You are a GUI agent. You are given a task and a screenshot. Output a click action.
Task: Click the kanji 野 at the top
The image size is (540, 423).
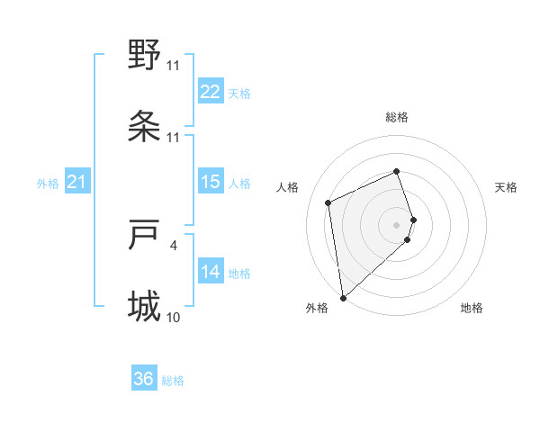(x=144, y=56)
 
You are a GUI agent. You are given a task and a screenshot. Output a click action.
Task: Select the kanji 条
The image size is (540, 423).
(x=144, y=127)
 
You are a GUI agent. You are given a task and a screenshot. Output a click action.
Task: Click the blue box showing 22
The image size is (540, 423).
(x=210, y=92)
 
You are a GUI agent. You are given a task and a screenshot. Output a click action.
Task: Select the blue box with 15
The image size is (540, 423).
(x=210, y=182)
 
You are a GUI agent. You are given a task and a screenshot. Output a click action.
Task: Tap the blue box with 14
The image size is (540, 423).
(x=210, y=272)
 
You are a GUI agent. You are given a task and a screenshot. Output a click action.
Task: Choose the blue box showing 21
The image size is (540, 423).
(x=76, y=183)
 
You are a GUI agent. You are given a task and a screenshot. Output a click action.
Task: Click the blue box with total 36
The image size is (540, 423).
(x=144, y=379)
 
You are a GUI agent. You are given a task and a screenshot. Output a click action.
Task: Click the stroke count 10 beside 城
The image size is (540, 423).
(x=173, y=317)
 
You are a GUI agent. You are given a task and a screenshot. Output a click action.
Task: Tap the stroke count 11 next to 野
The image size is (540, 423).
(x=173, y=65)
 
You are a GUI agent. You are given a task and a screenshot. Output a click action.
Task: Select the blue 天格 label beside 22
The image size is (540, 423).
(x=238, y=93)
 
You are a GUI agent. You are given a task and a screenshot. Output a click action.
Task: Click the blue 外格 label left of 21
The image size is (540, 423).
(x=48, y=184)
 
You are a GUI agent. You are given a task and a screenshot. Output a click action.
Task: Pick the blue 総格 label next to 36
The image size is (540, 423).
(x=173, y=380)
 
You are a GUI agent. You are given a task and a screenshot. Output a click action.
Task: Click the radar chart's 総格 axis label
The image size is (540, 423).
(x=397, y=117)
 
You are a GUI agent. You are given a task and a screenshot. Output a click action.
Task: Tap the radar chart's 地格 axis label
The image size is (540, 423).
(x=472, y=308)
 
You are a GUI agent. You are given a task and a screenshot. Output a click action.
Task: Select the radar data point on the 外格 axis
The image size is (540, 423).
(x=342, y=297)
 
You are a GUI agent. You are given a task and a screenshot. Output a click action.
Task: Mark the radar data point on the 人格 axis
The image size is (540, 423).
(x=328, y=202)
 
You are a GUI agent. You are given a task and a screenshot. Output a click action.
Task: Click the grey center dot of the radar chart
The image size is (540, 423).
(x=397, y=224)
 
